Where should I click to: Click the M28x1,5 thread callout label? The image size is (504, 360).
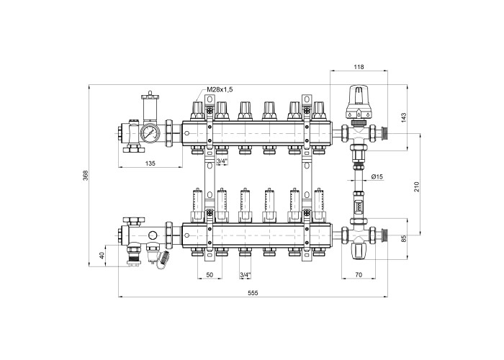click(220, 90)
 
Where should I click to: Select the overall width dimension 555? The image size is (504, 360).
click(253, 293)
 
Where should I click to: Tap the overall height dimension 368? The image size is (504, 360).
click(85, 176)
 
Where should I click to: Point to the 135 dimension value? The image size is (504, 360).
click(150, 163)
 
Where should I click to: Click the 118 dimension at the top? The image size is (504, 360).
click(359, 67)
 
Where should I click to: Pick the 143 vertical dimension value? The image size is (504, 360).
click(404, 117)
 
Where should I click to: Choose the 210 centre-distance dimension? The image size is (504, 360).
click(417, 186)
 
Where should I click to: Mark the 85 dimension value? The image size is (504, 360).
click(404, 238)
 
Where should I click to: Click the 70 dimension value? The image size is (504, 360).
click(359, 275)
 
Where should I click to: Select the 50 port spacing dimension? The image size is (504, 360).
click(210, 275)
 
